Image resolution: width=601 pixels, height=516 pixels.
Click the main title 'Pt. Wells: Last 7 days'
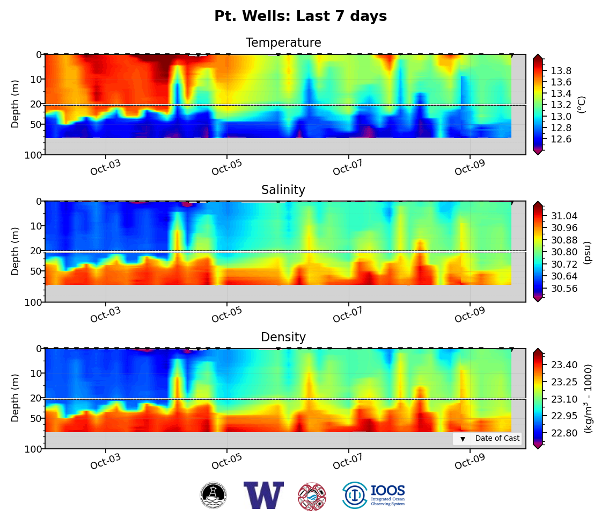point(300,17)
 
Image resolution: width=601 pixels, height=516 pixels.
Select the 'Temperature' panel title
point(283,43)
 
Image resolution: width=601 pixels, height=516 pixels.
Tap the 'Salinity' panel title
point(283,190)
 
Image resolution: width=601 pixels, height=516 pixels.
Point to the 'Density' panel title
point(283,338)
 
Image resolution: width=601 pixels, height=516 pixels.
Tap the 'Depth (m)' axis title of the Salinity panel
point(16,251)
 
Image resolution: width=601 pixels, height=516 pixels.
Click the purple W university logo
point(263,495)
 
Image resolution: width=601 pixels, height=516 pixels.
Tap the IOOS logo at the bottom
point(374,495)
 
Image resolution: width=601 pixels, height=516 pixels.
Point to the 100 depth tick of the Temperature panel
point(33,155)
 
